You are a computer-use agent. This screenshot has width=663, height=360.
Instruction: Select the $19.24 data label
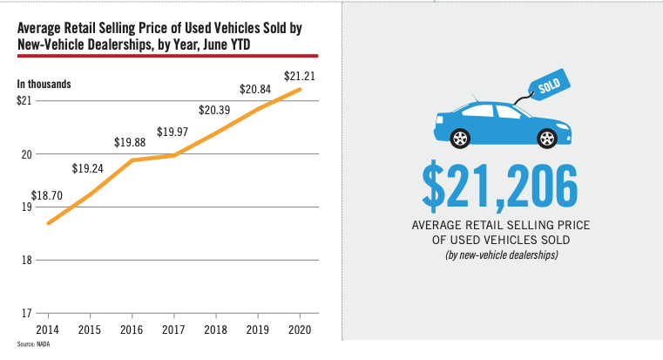[88, 169]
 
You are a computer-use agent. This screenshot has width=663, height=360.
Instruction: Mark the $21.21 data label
[300, 75]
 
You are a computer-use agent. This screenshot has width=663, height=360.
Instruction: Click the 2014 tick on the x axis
[47, 330]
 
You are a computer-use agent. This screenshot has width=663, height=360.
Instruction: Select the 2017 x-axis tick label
[173, 330]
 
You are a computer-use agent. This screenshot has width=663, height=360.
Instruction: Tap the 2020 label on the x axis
[300, 330]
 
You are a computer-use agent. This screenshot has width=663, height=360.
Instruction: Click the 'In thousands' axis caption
[44, 85]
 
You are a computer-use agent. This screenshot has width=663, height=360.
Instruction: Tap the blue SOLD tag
[551, 87]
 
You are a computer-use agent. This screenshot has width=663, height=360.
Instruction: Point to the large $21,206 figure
[500, 185]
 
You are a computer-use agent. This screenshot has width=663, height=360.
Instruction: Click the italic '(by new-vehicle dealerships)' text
[500, 255]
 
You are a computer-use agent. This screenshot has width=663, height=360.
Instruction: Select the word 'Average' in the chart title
[43, 28]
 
